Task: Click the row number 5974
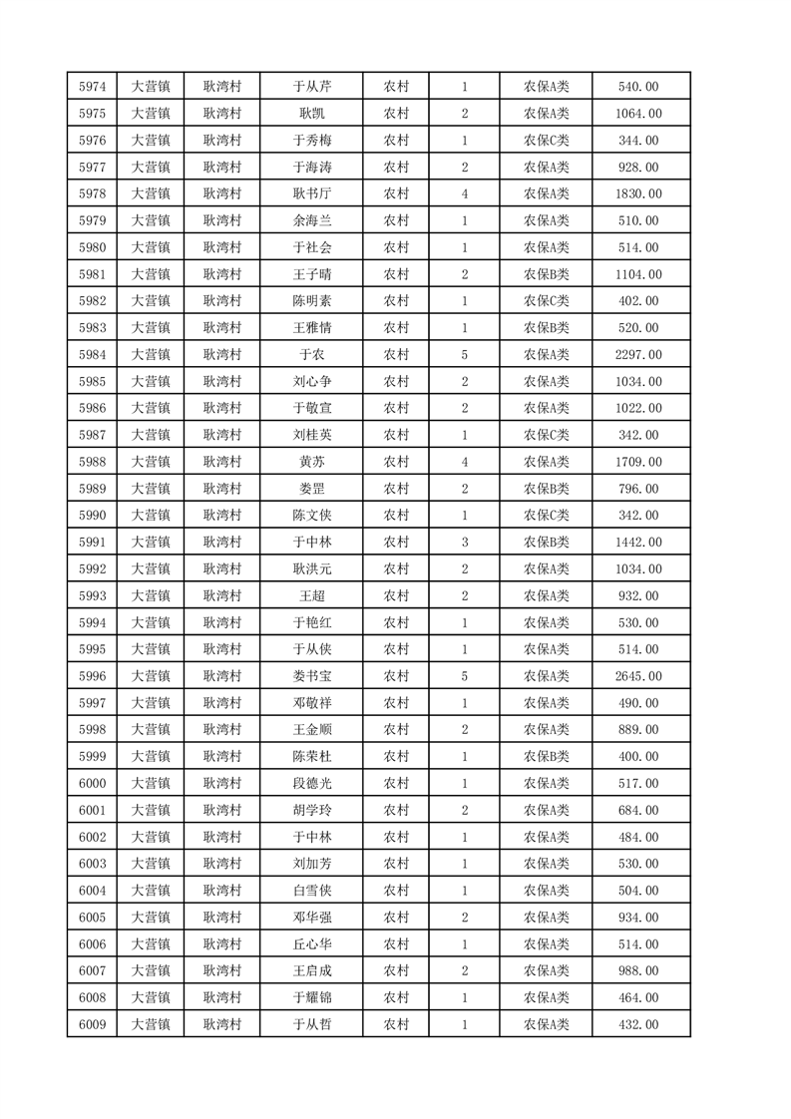(92, 87)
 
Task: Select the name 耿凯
(311, 114)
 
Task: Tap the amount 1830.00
(639, 193)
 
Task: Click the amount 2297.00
(639, 354)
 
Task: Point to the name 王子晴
(311, 274)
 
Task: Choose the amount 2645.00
(639, 676)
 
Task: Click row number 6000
(92, 783)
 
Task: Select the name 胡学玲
(311, 810)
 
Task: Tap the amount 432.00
(639, 1024)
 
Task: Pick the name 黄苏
(311, 462)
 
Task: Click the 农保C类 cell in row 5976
(546, 141)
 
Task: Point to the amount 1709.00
(639, 462)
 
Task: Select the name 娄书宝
(311, 676)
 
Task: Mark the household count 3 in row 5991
(465, 542)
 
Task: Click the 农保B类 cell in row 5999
(546, 756)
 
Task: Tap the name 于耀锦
(311, 997)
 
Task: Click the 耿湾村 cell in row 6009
(222, 1024)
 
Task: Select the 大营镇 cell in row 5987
(151, 435)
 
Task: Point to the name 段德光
(311, 783)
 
